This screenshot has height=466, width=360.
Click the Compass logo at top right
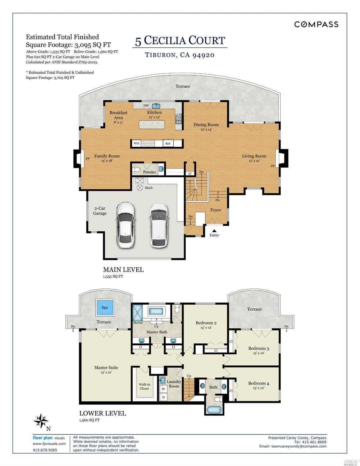[316, 24]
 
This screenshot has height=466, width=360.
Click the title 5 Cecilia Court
[180, 40]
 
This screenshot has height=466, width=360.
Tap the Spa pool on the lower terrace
[105, 307]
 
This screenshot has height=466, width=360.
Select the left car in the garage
[126, 225]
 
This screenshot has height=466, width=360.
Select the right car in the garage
[159, 225]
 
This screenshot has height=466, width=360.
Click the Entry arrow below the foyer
[214, 231]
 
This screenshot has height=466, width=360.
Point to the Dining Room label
[206, 125]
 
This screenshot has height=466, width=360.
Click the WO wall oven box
[136, 143]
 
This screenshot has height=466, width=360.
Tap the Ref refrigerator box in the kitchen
[168, 143]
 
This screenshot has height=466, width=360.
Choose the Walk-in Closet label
[144, 386]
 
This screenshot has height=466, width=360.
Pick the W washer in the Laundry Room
[163, 389]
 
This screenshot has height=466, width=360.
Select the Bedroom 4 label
[258, 383]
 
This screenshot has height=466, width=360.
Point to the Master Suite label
[106, 367]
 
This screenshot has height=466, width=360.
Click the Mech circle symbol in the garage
[140, 187]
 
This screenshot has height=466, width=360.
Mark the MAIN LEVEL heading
[123, 270]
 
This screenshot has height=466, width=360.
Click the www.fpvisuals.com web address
[49, 444]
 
